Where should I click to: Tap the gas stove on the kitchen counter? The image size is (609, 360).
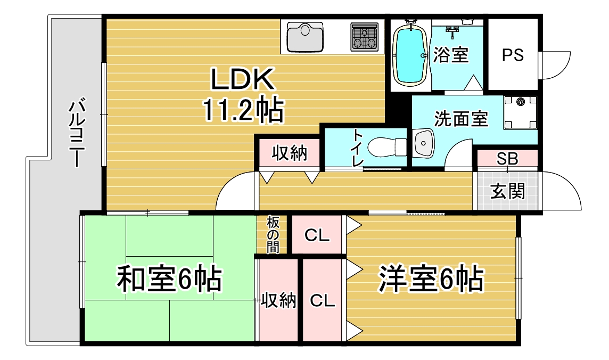(x=364, y=36)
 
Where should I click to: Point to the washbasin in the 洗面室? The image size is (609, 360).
(x=424, y=143)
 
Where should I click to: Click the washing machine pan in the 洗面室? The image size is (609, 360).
(x=520, y=111)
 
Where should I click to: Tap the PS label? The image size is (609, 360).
(x=513, y=55)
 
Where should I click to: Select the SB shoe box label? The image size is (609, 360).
(x=507, y=158)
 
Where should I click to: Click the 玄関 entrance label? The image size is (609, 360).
(x=507, y=191)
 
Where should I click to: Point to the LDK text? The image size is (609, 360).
(x=242, y=80)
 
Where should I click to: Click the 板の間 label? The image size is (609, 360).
(x=273, y=234)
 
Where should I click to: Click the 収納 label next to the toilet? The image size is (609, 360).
(x=290, y=153)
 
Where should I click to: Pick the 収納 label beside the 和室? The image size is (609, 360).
(x=278, y=301)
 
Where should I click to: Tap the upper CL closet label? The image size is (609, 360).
(x=317, y=235)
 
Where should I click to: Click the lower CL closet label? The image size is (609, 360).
(x=323, y=301)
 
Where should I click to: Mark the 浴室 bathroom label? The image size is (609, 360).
(x=451, y=55)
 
